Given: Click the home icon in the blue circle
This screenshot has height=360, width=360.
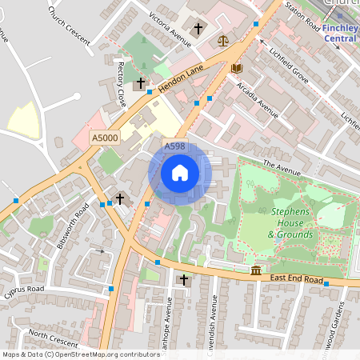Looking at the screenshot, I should click(180, 173).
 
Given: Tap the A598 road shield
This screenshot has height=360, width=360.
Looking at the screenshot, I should click(175, 146).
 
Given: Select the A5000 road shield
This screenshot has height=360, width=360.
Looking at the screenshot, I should click(105, 138).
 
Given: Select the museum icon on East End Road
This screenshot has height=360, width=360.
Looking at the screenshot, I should click(255, 270).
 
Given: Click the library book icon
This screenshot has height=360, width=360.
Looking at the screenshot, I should click(236, 68).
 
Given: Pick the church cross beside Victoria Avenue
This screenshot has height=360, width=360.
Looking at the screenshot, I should click(198, 28).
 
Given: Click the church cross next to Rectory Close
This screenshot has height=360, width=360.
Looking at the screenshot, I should click(141, 82).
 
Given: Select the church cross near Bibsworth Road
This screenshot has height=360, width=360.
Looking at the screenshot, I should click(120, 198).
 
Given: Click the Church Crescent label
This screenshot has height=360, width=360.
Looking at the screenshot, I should click(69, 24).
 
